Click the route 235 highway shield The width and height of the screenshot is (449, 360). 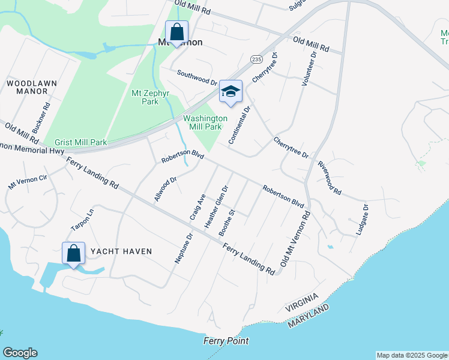256,59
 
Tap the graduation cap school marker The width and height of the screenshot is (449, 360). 231,92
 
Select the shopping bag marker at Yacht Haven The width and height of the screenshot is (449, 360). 73,254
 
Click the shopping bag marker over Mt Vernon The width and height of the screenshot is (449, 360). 176,32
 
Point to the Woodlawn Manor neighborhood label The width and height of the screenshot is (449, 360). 26,86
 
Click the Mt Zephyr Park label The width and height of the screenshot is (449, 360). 145,97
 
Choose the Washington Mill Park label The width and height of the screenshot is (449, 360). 205,122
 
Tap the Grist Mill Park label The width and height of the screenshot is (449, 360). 80,142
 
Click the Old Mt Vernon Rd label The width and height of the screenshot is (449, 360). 295,239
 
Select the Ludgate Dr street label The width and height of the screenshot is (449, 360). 363,218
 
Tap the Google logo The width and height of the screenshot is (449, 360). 20,353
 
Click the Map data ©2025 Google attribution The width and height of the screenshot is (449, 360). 412,355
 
